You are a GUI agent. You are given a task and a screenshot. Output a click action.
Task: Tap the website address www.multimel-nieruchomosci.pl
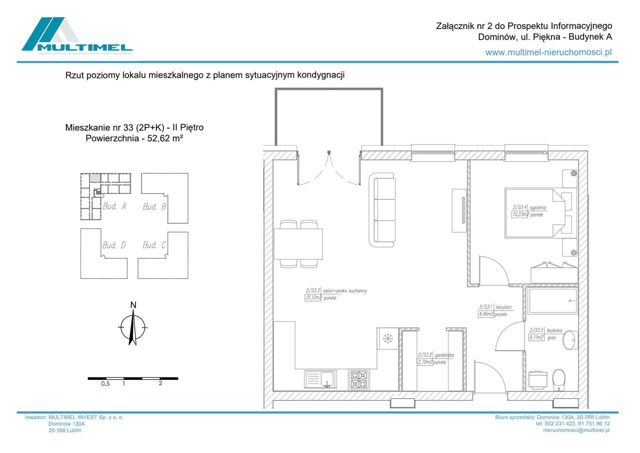(x=548, y=52)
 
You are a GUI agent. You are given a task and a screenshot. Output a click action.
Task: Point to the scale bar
(x=132, y=378)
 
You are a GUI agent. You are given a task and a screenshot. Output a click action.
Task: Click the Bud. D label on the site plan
(x=113, y=245)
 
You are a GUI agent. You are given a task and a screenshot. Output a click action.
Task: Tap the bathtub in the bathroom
(x=552, y=300)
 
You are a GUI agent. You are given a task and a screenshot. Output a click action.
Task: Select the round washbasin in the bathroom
(x=569, y=341)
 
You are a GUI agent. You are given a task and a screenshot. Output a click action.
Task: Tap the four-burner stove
(x=359, y=379)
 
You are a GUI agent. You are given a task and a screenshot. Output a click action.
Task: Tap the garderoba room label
(x=444, y=355)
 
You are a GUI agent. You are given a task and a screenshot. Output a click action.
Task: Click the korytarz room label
(x=502, y=307)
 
